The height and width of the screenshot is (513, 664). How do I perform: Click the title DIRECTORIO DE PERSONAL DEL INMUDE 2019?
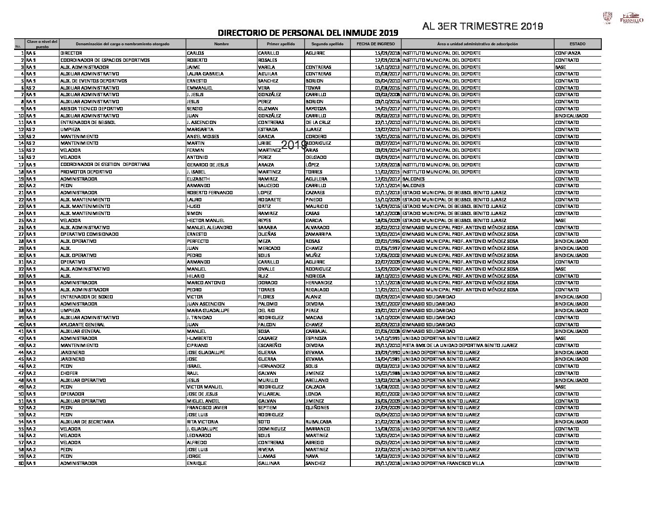click(307, 33)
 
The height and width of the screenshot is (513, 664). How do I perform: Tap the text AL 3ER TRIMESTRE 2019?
click(482, 26)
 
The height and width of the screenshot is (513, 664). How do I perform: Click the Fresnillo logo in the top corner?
click(631, 18)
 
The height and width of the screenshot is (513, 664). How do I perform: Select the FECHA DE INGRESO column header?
click(375, 44)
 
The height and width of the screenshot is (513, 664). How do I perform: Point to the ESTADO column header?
click(577, 44)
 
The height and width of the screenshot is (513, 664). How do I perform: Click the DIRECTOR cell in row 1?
click(71, 53)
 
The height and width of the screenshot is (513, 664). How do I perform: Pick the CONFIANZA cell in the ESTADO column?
click(568, 53)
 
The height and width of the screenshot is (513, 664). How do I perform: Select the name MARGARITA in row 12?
click(200, 130)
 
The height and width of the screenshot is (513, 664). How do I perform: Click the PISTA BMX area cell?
click(459, 346)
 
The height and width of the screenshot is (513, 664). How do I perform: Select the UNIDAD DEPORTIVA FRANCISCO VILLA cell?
click(443, 463)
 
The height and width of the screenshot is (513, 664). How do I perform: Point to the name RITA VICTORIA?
click(202, 422)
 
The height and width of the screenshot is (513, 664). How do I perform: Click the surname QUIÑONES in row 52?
click(317, 408)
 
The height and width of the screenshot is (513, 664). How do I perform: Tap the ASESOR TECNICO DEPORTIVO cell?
click(91, 109)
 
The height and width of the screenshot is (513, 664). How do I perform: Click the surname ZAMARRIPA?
click(318, 234)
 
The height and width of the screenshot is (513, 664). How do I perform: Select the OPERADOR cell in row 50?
click(72, 394)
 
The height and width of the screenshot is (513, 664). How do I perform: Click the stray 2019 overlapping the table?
click(294, 146)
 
